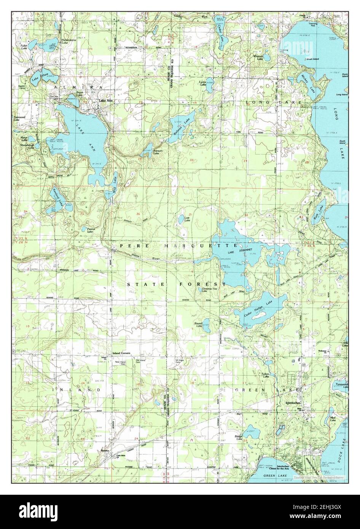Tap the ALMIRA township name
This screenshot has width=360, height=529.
[x=78, y=88]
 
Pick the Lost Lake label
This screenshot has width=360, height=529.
[x=187, y=220]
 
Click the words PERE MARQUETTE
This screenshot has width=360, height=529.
[x=179, y=246]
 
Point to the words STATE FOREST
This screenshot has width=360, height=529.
[x=178, y=284]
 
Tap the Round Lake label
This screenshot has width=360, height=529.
[x=199, y=325]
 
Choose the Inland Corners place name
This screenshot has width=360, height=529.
[x=121, y=354]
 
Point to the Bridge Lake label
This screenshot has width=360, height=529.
[x=239, y=438]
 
